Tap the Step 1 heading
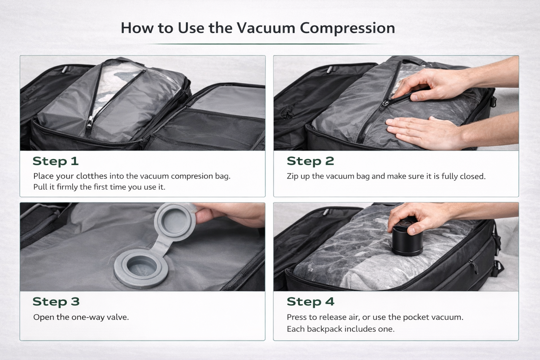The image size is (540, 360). [x=56, y=161]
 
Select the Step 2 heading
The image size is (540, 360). [x=310, y=161]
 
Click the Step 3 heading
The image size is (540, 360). [x=56, y=301]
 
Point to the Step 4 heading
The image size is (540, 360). [x=310, y=301]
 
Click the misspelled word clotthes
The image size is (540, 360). [x=92, y=176]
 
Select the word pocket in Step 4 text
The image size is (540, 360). [x=416, y=317]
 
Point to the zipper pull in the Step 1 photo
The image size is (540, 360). [x=89, y=122]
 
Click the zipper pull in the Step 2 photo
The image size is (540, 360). [x=384, y=104]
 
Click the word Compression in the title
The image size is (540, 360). [x=347, y=28]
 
